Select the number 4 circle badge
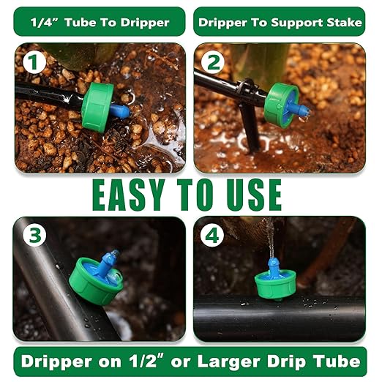(x=211, y=236)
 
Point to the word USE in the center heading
(x=251, y=193)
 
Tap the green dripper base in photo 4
(x=275, y=283)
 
